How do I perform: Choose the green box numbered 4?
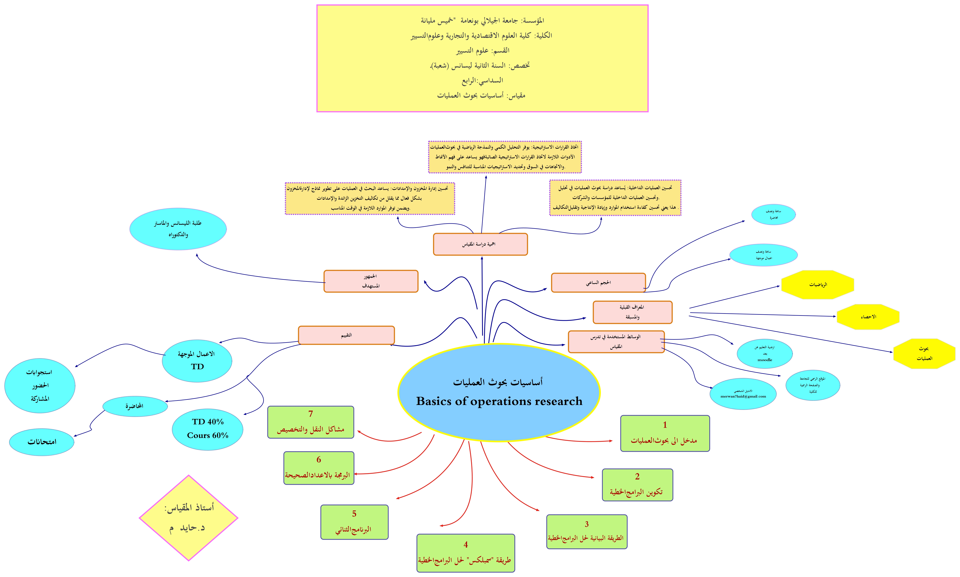pyautogui.click(x=465, y=553)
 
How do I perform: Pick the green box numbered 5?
pyautogui.click(x=354, y=522)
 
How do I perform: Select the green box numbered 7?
pyautogui.click(x=310, y=422)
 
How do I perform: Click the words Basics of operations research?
pyautogui.click(x=499, y=401)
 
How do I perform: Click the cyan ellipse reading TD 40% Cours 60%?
pyautogui.click(x=208, y=429)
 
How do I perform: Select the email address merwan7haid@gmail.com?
pyautogui.click(x=743, y=397)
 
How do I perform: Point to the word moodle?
pyautogui.click(x=764, y=360)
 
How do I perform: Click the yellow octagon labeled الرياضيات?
pyautogui.click(x=818, y=285)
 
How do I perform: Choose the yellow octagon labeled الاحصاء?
pyautogui.click(x=868, y=317)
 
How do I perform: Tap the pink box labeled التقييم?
pyautogui.click(x=346, y=335)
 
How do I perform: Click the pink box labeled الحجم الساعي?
pyautogui.click(x=598, y=283)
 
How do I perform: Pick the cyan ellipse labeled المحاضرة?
pyautogui.click(x=135, y=406)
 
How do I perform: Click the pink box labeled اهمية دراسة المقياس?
pyautogui.click(x=480, y=244)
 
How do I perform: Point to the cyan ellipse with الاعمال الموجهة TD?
pyautogui.click(x=197, y=360)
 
